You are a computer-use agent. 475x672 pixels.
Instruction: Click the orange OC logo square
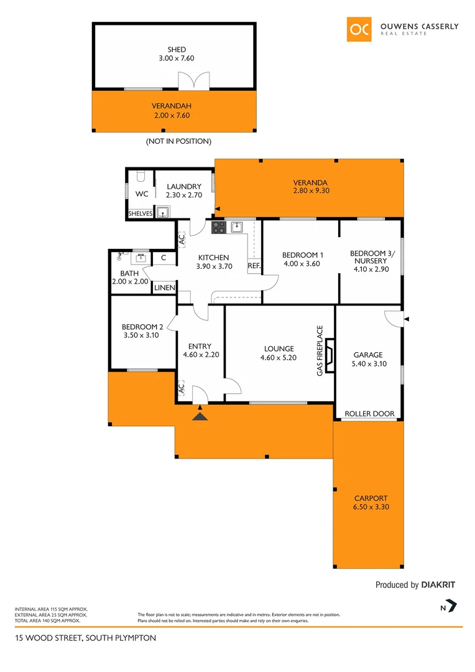[359, 29]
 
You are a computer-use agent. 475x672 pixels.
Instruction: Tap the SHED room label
[176, 50]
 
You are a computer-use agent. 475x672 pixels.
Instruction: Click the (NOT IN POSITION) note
[178, 141]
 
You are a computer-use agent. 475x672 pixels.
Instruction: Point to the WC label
[142, 194]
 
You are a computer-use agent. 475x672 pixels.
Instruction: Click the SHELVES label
[140, 213]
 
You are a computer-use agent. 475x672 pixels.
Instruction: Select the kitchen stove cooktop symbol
[218, 228]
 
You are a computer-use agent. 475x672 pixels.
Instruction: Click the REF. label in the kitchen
[254, 266]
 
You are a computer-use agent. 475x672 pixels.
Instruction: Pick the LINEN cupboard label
[164, 287]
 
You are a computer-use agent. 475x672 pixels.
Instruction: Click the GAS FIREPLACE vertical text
[320, 350]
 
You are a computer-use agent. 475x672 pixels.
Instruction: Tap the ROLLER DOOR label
[370, 414]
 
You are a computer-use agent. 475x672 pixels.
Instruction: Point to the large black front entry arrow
[200, 415]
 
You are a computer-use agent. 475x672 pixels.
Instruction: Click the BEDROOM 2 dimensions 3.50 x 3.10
[142, 335]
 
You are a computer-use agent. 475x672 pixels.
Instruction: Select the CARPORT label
[371, 498]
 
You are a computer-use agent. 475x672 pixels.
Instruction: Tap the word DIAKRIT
[438, 585]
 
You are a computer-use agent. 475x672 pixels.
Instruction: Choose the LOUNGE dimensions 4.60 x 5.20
[277, 357]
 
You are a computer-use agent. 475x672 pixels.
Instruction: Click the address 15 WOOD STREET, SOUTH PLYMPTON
[86, 638]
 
